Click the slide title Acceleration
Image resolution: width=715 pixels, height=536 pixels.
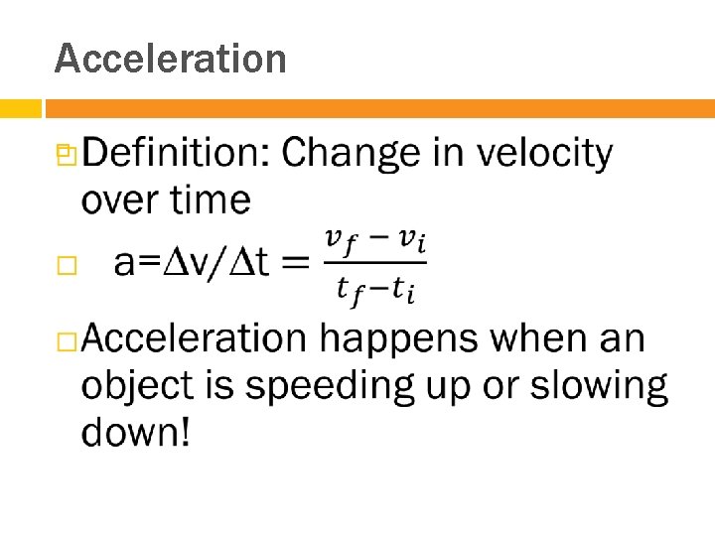tap(170, 59)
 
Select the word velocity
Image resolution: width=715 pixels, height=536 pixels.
tap(544, 154)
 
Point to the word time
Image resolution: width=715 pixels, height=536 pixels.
tap(211, 201)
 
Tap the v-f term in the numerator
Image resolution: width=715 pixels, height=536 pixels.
tap(342, 240)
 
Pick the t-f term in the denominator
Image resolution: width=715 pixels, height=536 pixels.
tap(352, 290)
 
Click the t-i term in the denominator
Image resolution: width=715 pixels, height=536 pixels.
tap(403, 290)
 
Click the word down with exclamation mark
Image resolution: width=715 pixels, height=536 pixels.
tap(136, 432)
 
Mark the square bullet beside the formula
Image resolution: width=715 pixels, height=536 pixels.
tap(67, 264)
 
